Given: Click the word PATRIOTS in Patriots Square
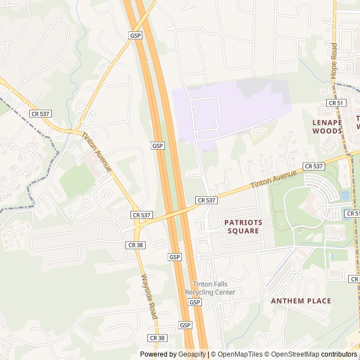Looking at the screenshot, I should coord(244,222).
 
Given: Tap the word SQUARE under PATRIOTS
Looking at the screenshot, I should coord(244,231).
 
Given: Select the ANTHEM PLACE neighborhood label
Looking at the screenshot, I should coord(301,301).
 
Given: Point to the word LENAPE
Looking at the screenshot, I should coord(327,122).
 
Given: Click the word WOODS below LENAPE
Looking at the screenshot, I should coord(327,131).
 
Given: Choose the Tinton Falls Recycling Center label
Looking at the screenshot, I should coord(210,288).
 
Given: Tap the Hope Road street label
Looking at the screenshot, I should coord(334,60).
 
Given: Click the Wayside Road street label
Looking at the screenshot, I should coord(149,297).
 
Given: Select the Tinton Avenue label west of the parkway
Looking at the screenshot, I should coord(97,152).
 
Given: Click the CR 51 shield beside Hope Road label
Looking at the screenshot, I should coord(336,103).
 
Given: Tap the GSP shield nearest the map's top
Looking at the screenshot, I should coord(135,35).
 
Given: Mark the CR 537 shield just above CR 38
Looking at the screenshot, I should coord(142,215).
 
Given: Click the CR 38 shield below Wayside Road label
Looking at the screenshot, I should coord(157,337).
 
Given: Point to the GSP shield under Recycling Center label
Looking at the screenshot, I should coord(195,303).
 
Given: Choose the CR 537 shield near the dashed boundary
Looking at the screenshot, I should coord(40,114).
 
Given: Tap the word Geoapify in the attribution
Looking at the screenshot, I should coord(192,354).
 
